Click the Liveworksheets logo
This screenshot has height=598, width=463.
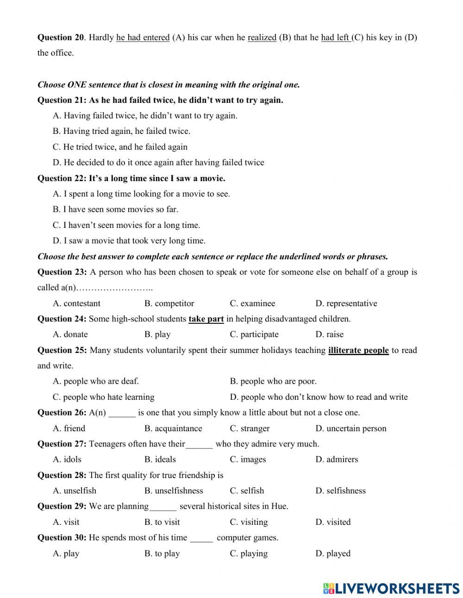click(391, 588)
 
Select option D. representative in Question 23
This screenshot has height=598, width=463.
click(346, 303)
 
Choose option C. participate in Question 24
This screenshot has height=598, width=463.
click(254, 334)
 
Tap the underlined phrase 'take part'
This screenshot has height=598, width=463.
click(206, 319)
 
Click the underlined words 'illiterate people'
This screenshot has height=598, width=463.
click(358, 350)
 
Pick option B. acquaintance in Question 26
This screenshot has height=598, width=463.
click(173, 428)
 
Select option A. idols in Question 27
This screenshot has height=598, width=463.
click(67, 460)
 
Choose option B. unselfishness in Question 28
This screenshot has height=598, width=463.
click(174, 491)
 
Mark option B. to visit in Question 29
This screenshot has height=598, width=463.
click(162, 522)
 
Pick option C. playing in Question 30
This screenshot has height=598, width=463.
click(249, 554)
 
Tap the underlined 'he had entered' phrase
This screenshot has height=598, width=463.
click(143, 38)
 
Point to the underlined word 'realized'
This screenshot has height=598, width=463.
click(262, 38)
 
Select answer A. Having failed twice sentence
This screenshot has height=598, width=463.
click(145, 116)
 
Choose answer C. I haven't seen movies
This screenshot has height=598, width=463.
click(126, 225)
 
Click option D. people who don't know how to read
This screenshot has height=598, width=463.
click(319, 397)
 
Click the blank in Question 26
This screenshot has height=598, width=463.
click(122, 413)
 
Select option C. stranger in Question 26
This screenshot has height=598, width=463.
click(250, 428)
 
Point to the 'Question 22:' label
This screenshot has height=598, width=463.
click(62, 178)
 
